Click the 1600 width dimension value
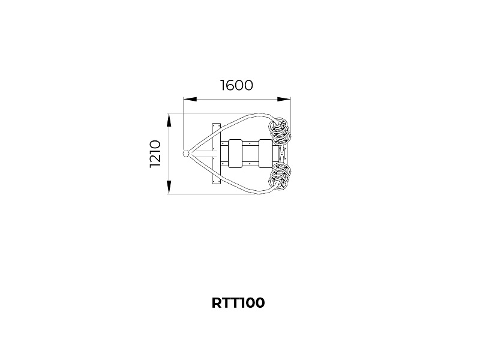click(236, 85)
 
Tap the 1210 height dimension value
click(155, 154)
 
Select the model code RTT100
click(238, 303)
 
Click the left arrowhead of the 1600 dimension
click(190, 99)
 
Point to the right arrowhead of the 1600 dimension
click(284, 99)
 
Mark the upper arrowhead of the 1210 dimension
click(169, 120)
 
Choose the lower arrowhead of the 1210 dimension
click(169, 187)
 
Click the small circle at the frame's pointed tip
click(186, 154)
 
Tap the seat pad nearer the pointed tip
click(235, 154)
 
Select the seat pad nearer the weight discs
click(265, 154)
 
